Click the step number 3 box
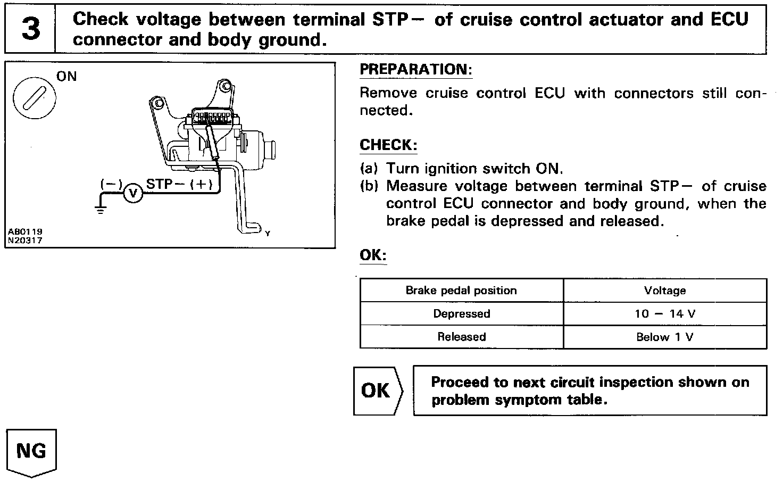[x=30, y=29]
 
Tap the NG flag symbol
[x=31, y=452]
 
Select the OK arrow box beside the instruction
[x=378, y=391]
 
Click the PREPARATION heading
[x=415, y=70]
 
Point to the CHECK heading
[x=388, y=145]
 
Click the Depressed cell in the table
[x=461, y=314]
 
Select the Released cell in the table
[x=461, y=337]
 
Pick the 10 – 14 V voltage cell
[x=664, y=314]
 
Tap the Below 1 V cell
[x=664, y=337]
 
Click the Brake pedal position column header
[x=461, y=291]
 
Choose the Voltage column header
[x=664, y=291]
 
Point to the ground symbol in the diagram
[x=101, y=209]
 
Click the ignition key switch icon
[x=35, y=99]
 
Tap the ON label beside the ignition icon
[x=66, y=77]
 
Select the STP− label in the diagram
[x=165, y=184]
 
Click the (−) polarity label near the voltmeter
[x=111, y=184]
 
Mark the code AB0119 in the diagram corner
[x=25, y=232]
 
